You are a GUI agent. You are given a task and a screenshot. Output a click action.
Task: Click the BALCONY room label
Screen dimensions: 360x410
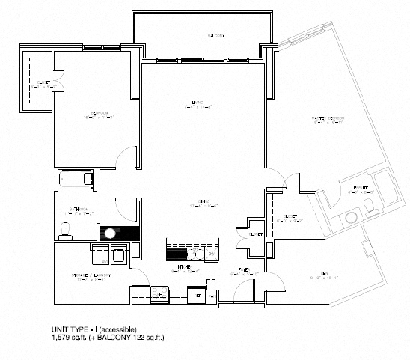pos(216,35)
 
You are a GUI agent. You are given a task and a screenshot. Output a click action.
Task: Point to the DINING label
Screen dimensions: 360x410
pos(203,200)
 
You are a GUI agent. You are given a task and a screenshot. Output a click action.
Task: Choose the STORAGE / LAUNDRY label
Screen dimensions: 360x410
pos(91,275)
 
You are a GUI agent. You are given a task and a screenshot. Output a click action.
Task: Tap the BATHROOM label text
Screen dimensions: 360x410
pos(77,210)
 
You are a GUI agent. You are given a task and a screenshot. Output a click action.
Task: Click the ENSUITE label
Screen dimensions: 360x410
pos(349,189)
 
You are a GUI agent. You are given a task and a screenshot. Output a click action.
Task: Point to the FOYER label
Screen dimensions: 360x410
pos(243,269)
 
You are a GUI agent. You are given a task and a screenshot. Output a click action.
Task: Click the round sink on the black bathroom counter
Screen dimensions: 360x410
pos(111,232)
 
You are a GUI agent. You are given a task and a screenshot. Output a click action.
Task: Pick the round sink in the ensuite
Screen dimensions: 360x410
pos(349,219)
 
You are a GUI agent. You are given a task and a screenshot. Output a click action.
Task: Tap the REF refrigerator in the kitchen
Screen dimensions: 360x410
pos(199,295)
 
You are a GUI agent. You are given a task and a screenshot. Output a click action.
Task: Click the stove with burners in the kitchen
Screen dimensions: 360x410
pos(159,294)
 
